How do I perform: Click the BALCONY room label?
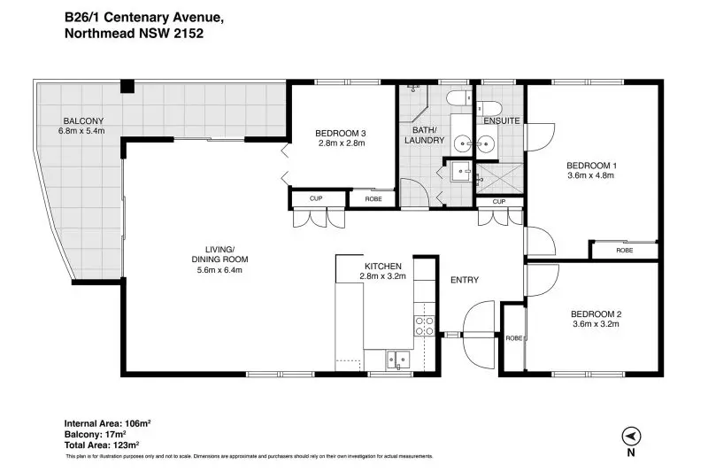[x=83, y=120]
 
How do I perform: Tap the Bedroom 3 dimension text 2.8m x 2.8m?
[x=342, y=143]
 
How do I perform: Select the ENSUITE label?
[x=502, y=121]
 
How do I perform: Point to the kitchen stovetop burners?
[x=425, y=326]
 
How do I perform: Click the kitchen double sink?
[x=397, y=360]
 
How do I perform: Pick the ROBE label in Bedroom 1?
[x=625, y=251]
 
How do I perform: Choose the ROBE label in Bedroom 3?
[x=373, y=198]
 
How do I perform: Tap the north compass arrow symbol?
[x=631, y=437]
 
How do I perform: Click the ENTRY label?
[x=465, y=280]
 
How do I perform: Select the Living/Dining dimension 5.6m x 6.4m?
[x=219, y=270]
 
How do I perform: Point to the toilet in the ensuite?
[x=489, y=108]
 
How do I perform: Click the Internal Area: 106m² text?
[x=107, y=423]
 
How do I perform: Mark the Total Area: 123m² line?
[x=102, y=445]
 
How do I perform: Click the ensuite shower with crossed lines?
[x=499, y=179]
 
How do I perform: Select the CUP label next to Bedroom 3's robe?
[x=316, y=198]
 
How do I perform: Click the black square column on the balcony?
[x=127, y=86]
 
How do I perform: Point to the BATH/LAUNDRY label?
[x=425, y=135]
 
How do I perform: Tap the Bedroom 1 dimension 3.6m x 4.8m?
[x=591, y=175]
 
